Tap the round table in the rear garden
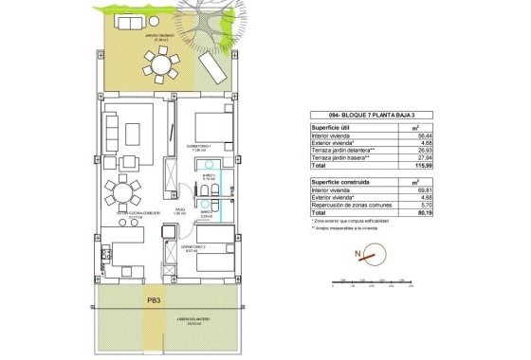pyautogui.click(x=159, y=67)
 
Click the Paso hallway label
pyautogui.click(x=177, y=212)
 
